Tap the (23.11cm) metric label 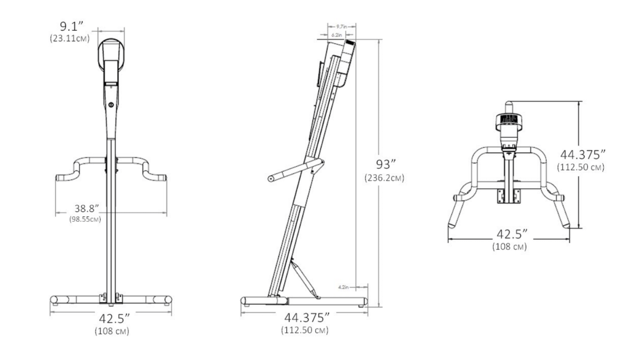pyautogui.click(x=69, y=38)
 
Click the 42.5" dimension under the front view pyautogui.click(x=112, y=321)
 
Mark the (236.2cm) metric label pyautogui.click(x=384, y=178)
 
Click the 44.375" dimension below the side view pyautogui.click(x=304, y=319)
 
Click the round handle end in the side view pyautogui.click(x=271, y=179)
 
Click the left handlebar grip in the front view pyautogui.click(x=63, y=178)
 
